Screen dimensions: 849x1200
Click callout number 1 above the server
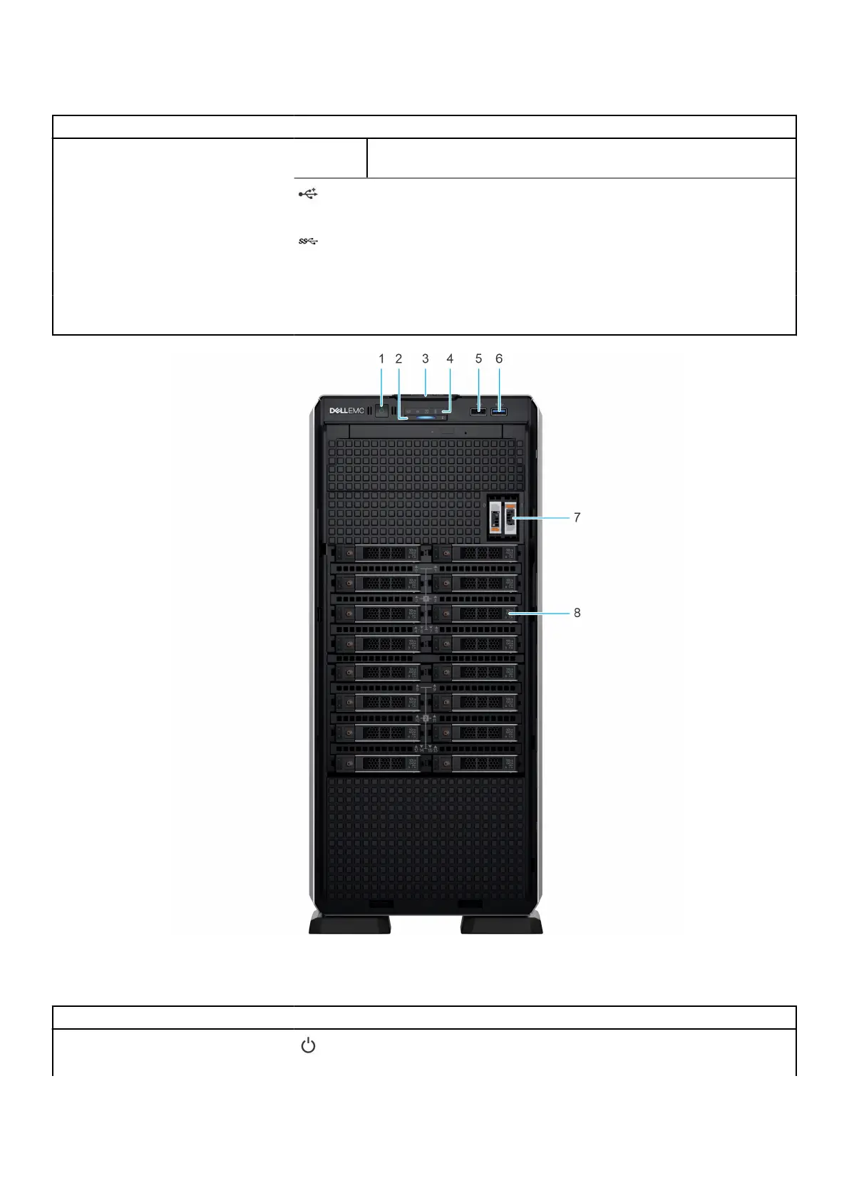pyautogui.click(x=381, y=358)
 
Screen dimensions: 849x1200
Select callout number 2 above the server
pyautogui.click(x=398, y=358)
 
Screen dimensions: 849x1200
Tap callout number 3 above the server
pyautogui.click(x=426, y=358)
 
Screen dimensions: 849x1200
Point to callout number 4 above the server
pyautogui.click(x=450, y=358)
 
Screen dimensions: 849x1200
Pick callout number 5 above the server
pyautogui.click(x=478, y=358)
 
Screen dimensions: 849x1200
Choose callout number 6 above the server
pyautogui.click(x=499, y=358)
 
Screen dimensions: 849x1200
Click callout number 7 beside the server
pyautogui.click(x=577, y=517)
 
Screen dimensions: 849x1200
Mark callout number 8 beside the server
pyautogui.click(x=577, y=612)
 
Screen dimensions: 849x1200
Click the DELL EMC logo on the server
pyautogui.click(x=346, y=410)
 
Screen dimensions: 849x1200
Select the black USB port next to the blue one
pyautogui.click(x=478, y=411)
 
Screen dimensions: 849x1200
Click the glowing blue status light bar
pyautogui.click(x=426, y=419)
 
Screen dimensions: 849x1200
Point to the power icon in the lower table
pyautogui.click(x=308, y=1046)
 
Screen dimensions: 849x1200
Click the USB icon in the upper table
pyautogui.click(x=308, y=194)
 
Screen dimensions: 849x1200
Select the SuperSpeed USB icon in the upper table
pyautogui.click(x=308, y=242)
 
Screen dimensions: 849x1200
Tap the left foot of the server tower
pyautogui.click(x=349, y=924)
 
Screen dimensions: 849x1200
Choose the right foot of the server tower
pyautogui.click(x=501, y=924)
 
